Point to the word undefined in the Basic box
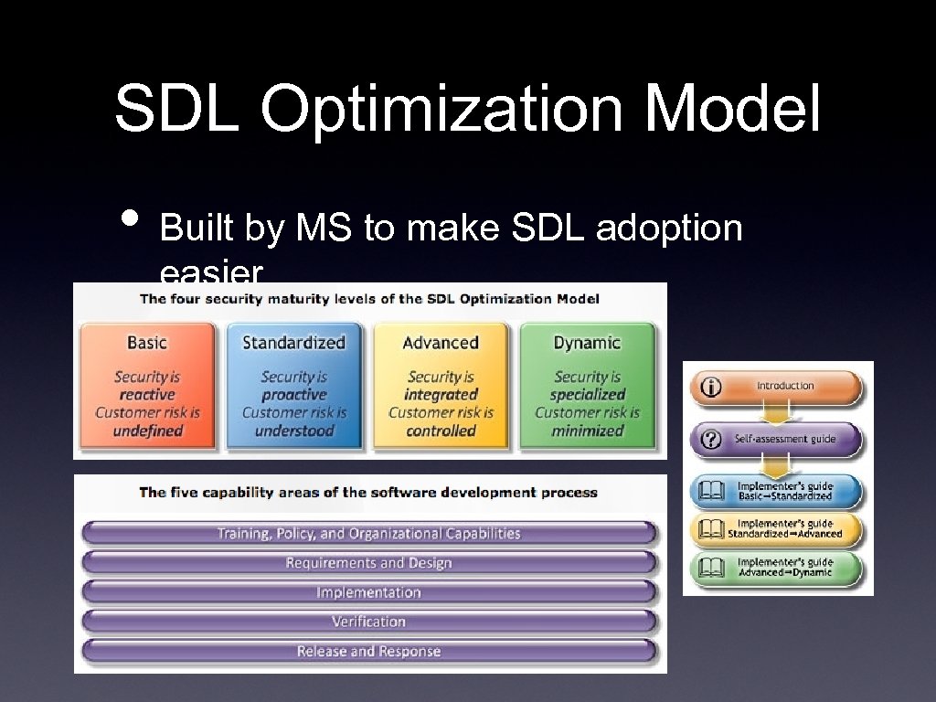click(148, 431)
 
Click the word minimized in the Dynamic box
click(587, 431)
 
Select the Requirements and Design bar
click(369, 563)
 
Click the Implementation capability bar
click(369, 592)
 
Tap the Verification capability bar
click(369, 622)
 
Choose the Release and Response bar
click(369, 652)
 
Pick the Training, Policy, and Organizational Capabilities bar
click(369, 534)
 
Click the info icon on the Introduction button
click(710, 387)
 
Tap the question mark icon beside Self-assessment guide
click(710, 439)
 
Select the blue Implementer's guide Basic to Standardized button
click(778, 491)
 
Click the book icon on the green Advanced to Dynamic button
click(710, 569)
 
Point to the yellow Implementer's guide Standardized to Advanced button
click(778, 529)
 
